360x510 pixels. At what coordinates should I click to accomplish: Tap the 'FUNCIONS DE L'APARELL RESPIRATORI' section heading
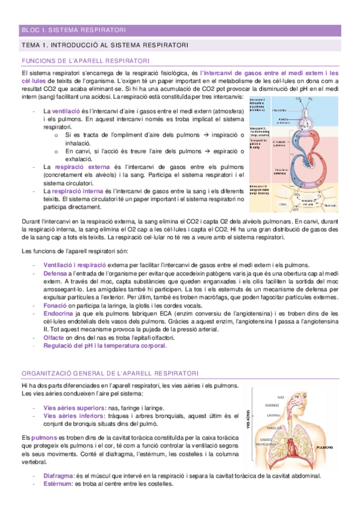(85, 61)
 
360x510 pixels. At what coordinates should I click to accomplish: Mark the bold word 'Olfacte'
(56, 339)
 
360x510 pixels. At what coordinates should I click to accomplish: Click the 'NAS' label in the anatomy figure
(281, 397)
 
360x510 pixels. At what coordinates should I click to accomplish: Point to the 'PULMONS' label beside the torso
(325, 447)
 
